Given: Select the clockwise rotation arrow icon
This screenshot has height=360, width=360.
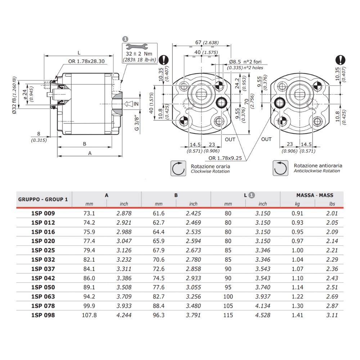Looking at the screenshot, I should pos(179,168).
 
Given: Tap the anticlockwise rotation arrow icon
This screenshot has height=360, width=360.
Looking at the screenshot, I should pos(281,168).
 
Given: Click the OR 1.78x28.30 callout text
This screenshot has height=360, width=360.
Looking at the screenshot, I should pos(86,61).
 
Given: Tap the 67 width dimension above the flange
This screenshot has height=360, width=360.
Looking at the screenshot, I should pos(198,42).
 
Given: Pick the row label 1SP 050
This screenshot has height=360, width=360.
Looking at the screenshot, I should pos(43,288).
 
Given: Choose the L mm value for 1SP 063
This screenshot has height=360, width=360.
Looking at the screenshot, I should pos(228,297).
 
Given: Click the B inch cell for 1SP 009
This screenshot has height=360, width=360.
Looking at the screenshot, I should pos(193,213).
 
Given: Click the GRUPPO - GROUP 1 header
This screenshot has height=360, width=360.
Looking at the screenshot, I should pos(42,199).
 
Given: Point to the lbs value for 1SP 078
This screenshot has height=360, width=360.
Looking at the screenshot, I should pos(332,306).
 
